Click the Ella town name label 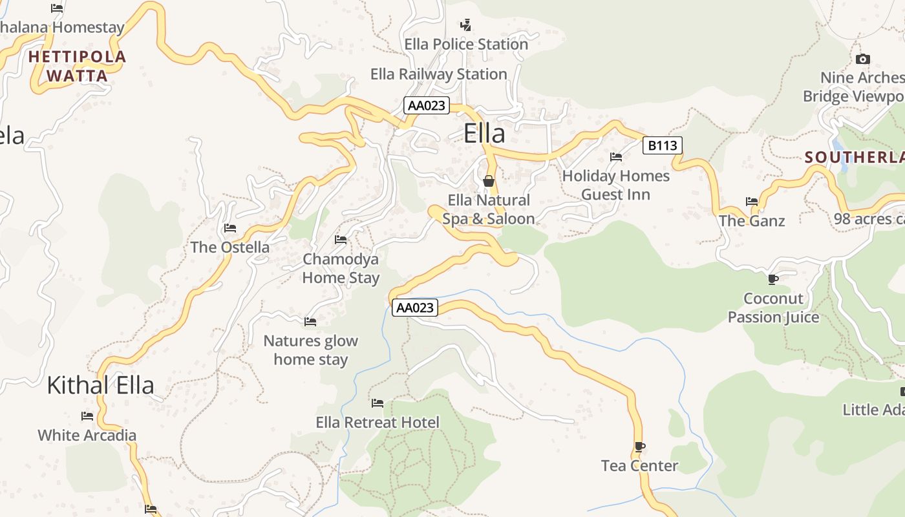484,134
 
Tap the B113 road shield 663,145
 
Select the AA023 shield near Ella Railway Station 427,105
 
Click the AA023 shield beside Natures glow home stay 414,308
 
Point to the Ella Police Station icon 465,25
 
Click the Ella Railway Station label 438,74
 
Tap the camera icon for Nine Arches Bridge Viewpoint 862,59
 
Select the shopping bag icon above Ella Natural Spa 489,181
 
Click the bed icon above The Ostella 229,228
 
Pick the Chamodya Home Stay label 341,268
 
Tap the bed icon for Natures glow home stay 310,321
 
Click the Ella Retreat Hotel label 378,423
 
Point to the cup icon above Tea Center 639,447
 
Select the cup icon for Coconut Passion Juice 772,279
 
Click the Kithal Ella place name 100,385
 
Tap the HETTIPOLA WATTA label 77,66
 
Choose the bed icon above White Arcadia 87,416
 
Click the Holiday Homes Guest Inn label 615,185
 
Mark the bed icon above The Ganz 752,202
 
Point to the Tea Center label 639,466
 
